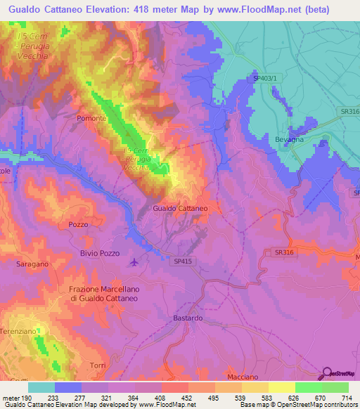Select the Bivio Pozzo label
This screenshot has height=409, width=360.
point(100,253)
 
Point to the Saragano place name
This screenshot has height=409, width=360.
point(32,264)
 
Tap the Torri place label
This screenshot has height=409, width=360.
point(98,365)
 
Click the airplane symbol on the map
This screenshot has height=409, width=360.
point(134,263)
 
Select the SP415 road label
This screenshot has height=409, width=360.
point(181,260)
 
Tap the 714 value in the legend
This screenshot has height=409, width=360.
point(345,398)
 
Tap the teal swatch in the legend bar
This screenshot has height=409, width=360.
point(41,387)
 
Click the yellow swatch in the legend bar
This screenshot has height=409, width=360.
point(281,387)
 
